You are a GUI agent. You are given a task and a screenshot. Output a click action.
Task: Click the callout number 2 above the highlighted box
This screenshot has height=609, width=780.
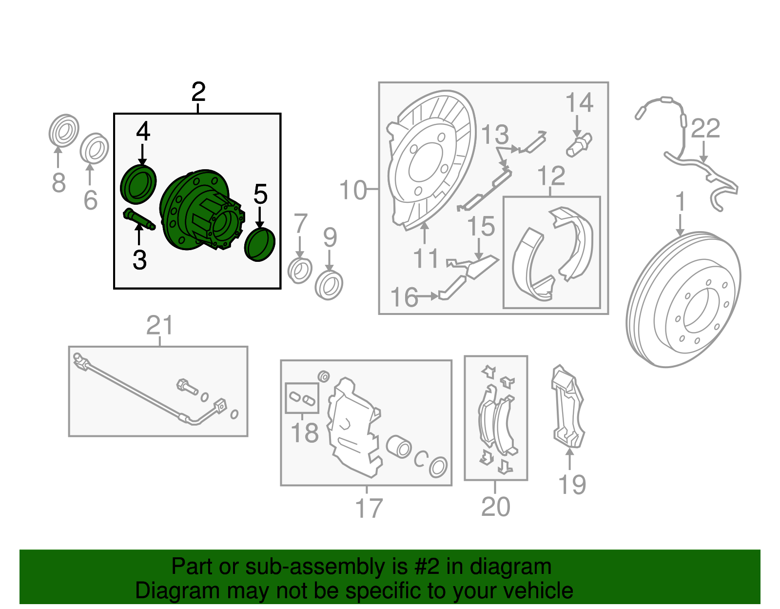pyautogui.click(x=198, y=92)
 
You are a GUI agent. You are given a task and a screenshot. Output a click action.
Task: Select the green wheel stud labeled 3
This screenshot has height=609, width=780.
pyautogui.click(x=138, y=219)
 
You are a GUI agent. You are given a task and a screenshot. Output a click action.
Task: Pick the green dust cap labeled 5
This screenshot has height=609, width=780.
pyautogui.click(x=259, y=245)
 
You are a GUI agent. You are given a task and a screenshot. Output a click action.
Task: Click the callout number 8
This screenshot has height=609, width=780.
pyautogui.click(x=59, y=182)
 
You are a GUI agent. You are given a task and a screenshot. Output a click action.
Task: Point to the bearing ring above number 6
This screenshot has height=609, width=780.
pyautogui.click(x=94, y=148)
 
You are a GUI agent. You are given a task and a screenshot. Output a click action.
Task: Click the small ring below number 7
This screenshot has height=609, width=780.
pyautogui.click(x=300, y=271)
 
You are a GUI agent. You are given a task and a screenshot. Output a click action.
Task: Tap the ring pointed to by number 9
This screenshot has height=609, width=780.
pyautogui.click(x=329, y=286)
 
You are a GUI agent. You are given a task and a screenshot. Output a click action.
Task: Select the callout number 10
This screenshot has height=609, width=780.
pyautogui.click(x=353, y=190)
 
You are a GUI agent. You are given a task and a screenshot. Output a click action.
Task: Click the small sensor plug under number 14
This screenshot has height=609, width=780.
pyautogui.click(x=579, y=146)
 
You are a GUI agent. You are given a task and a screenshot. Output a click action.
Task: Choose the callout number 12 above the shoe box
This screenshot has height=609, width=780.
pyautogui.click(x=551, y=176)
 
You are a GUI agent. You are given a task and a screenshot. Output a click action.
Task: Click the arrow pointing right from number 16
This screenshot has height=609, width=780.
pyautogui.click(x=428, y=296)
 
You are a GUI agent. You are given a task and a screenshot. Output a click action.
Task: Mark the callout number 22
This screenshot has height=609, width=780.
pyautogui.click(x=705, y=128)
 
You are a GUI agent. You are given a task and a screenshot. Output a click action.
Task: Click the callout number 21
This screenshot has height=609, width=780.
pyautogui.click(x=160, y=325)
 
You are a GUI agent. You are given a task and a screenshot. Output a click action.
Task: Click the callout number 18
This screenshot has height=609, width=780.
pyautogui.click(x=304, y=433)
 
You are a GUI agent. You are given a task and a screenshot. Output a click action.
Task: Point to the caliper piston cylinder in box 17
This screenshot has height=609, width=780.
pyautogui.click(x=399, y=447)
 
